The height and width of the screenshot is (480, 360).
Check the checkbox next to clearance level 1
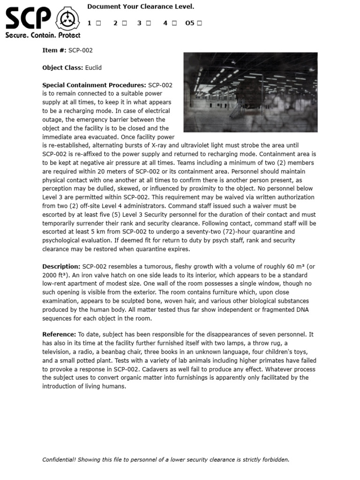pyautogui.click(x=98, y=23)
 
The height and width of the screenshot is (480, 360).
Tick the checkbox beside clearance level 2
pyautogui.click(x=125, y=23)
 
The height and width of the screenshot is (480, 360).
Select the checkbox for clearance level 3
pyautogui.click(x=148, y=23)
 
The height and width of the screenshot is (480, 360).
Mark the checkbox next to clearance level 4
pyautogui.click(x=174, y=23)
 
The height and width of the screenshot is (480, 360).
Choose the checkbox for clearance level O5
pyautogui.click(x=200, y=23)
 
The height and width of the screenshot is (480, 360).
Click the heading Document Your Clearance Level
pyautogui.click(x=141, y=7)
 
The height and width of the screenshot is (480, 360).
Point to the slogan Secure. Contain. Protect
pyautogui.click(x=43, y=35)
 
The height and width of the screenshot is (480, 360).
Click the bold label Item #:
pyautogui.click(x=54, y=50)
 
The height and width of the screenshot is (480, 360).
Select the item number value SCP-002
pyautogui.click(x=81, y=50)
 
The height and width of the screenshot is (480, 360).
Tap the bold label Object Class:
pyautogui.click(x=62, y=67)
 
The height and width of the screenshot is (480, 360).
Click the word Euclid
pyautogui.click(x=93, y=67)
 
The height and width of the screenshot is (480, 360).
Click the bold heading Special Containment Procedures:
pyautogui.click(x=94, y=85)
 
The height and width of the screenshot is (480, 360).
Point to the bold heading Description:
pyautogui.click(x=61, y=266)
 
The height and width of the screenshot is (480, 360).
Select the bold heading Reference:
pyautogui.click(x=59, y=335)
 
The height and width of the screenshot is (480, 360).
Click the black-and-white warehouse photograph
pyautogui.click(x=250, y=92)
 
